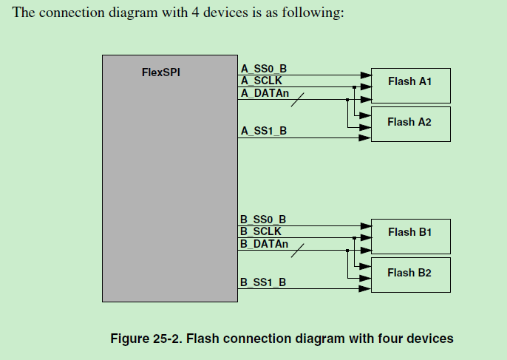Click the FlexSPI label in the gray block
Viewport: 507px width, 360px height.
(x=160, y=72)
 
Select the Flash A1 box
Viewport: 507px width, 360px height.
(x=409, y=81)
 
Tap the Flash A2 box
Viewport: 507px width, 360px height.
(x=409, y=122)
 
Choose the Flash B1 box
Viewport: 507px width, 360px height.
(x=409, y=233)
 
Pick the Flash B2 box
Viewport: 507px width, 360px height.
(x=409, y=274)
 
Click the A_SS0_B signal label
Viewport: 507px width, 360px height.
(x=264, y=68)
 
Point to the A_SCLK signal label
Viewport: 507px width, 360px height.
(x=262, y=81)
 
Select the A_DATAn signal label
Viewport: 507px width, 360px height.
(x=265, y=92)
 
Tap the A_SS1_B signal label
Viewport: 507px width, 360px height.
(x=264, y=131)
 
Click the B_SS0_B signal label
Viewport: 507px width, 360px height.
(x=264, y=220)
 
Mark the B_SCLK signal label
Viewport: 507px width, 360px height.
(x=262, y=231)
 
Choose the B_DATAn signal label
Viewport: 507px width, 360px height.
(x=265, y=243)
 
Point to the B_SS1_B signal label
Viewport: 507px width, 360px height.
(x=264, y=282)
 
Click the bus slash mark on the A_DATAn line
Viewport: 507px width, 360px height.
(x=297, y=99)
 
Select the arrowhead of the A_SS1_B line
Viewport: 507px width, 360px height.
(x=364, y=137)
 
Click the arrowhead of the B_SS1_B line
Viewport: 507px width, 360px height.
(x=364, y=289)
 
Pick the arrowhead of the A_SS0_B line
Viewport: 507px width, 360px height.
(x=364, y=75)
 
